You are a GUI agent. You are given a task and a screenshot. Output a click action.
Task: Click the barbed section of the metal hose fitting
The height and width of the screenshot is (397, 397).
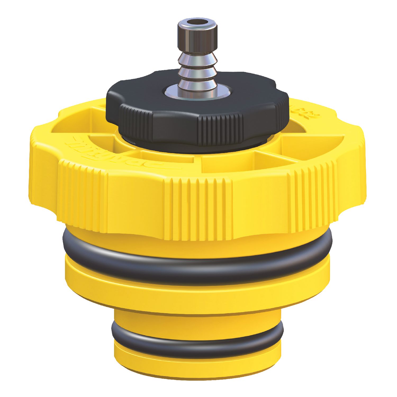[x=198, y=69]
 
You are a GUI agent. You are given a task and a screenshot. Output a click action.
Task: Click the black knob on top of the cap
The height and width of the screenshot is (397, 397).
[x=197, y=119]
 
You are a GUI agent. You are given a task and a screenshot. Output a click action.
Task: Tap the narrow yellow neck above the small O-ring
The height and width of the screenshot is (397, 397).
[x=197, y=320]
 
